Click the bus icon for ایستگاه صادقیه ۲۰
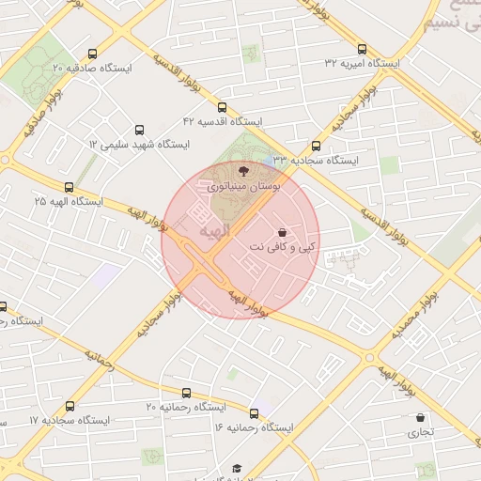tap(91, 54)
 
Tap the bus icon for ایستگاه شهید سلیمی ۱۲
tap(140, 130)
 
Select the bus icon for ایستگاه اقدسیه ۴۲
tap(222, 107)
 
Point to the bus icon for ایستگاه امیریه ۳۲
tap(363, 49)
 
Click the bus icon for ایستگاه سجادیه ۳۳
tap(316, 146)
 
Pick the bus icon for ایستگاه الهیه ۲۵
tap(68, 186)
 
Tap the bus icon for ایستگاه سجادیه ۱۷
tap(70, 406)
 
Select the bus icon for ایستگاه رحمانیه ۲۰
tap(186, 393)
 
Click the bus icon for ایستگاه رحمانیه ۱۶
tap(254, 412)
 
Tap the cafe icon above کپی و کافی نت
tap(283, 231)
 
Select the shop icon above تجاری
tap(419, 417)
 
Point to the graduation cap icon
tap(237, 468)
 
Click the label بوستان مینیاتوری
tap(235, 188)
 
